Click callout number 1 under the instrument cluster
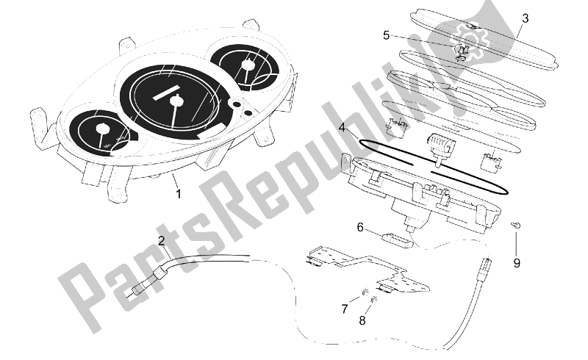click(x=179, y=194)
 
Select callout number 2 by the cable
click(x=161, y=241)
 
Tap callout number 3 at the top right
click(x=526, y=18)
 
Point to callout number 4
click(x=342, y=128)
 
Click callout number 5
click(x=386, y=35)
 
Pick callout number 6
click(x=360, y=227)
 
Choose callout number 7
click(x=345, y=309)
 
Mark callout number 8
click(x=362, y=320)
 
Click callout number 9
click(x=517, y=263)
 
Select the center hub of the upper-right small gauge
click(x=247, y=65)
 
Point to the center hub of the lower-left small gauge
click(x=101, y=129)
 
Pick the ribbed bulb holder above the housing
click(x=442, y=145)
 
